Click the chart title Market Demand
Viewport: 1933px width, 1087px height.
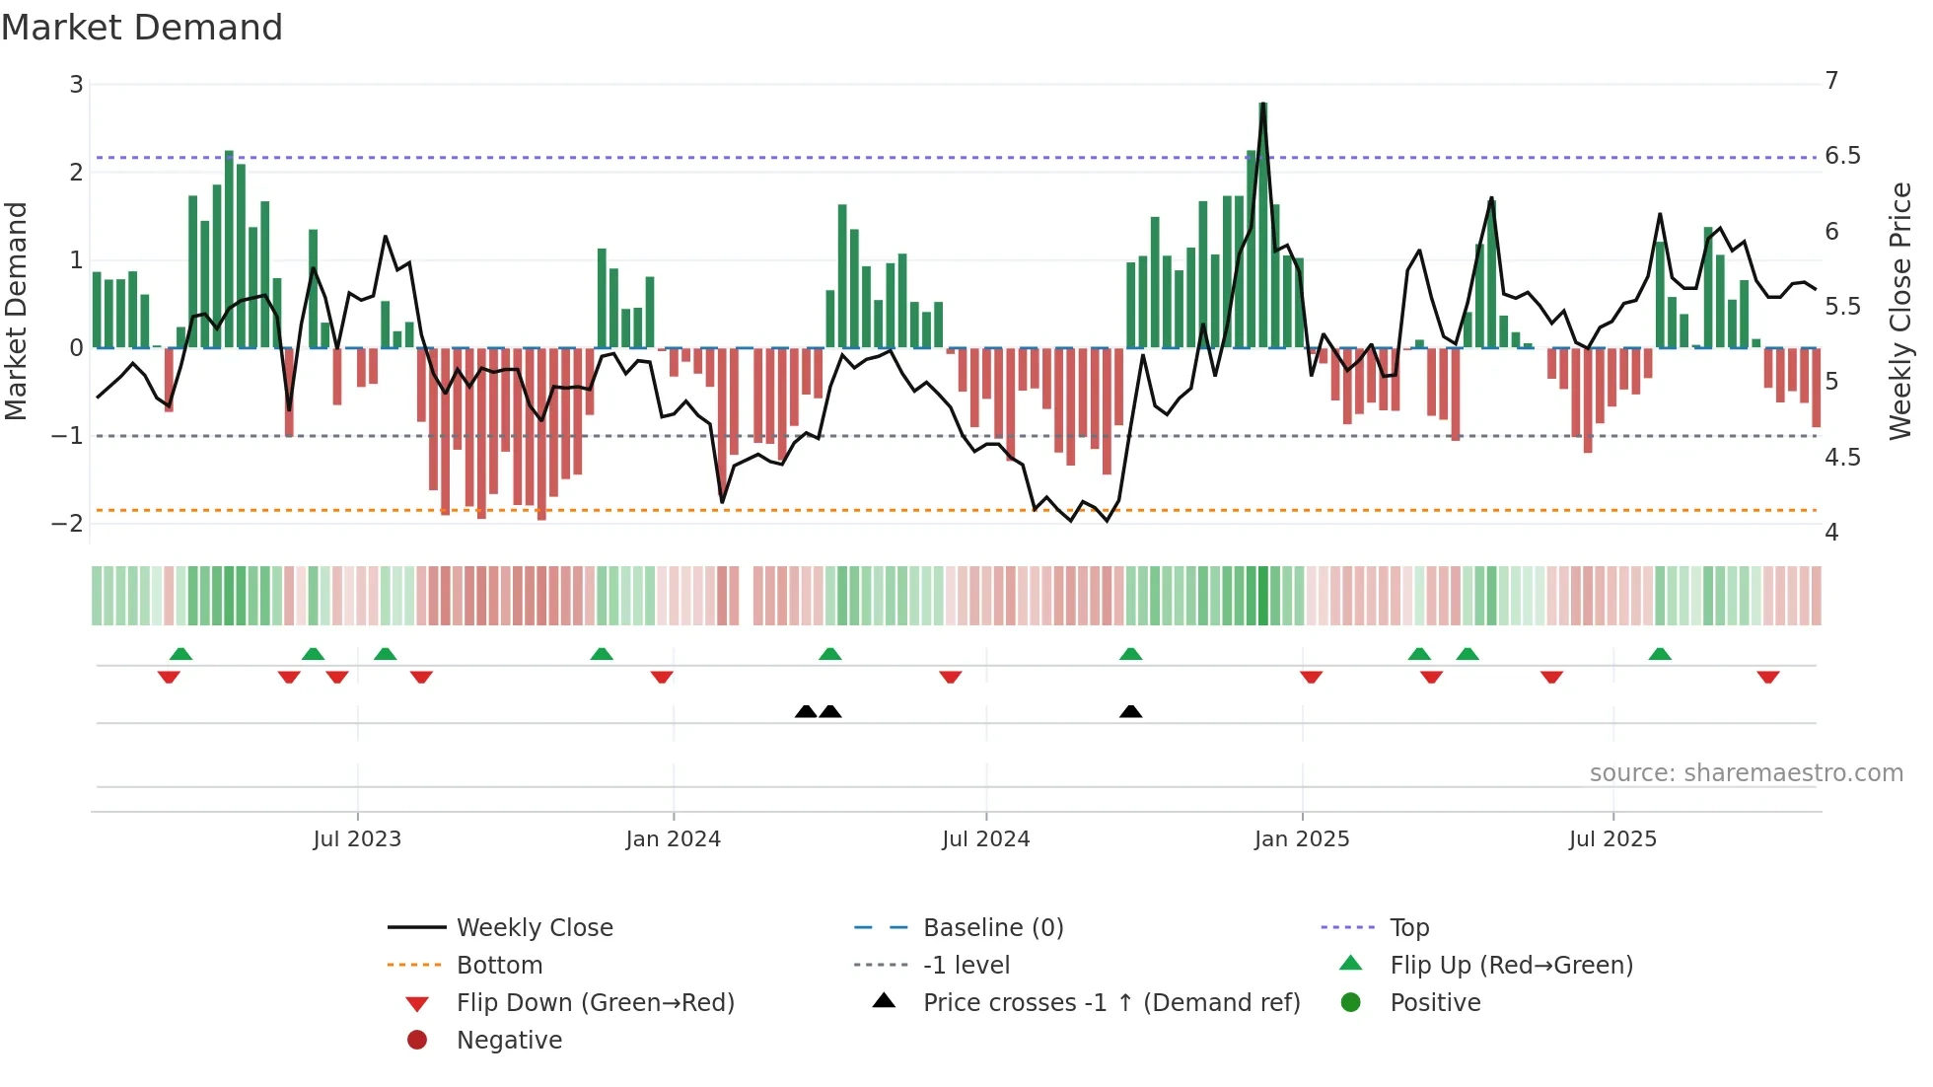pyautogui.click(x=142, y=28)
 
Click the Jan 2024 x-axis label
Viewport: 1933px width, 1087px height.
pyautogui.click(x=673, y=839)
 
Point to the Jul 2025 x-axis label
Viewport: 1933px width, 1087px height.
pyautogui.click(x=1612, y=839)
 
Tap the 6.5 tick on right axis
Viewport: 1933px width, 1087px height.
pyautogui.click(x=1842, y=156)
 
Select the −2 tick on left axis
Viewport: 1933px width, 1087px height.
pyautogui.click(x=67, y=523)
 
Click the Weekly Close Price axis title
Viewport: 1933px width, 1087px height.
pyautogui.click(x=1899, y=311)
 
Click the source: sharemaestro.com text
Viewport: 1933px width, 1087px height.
pyautogui.click(x=1746, y=773)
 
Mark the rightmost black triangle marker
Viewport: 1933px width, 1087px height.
pyautogui.click(x=1131, y=712)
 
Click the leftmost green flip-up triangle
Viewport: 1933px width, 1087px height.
pyautogui.click(x=180, y=654)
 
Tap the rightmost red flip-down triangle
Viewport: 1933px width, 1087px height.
pyautogui.click(x=1767, y=677)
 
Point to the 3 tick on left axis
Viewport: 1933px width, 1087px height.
pyautogui.click(x=76, y=85)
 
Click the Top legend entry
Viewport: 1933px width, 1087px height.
pyautogui.click(x=1408, y=928)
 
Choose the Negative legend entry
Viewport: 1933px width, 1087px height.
pyautogui.click(x=509, y=1041)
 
